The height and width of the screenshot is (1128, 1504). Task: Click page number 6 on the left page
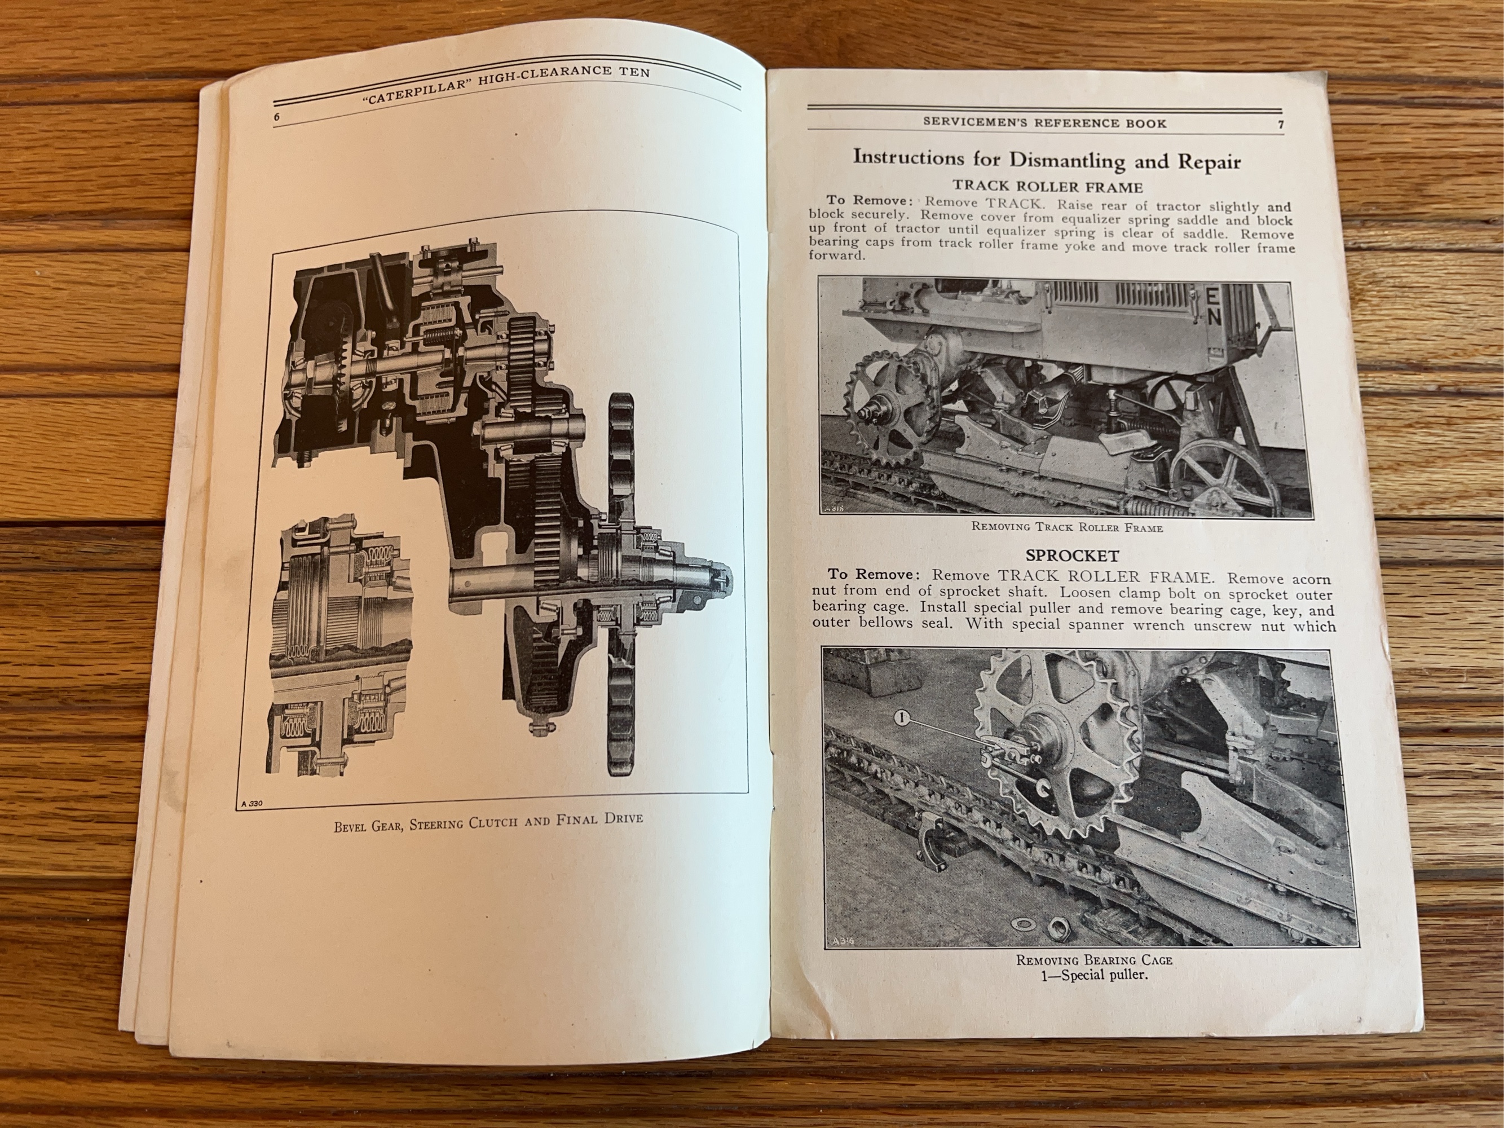[x=277, y=116]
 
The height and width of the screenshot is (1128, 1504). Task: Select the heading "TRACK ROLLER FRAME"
[x=1047, y=186]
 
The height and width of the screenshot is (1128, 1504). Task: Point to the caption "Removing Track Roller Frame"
[x=1067, y=527]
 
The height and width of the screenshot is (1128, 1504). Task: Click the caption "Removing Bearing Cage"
[x=1094, y=960]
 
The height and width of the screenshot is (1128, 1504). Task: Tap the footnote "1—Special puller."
[x=1094, y=975]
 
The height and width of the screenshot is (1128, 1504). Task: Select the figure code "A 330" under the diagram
[x=252, y=804]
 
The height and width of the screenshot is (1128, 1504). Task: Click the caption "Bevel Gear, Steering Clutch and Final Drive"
[x=488, y=821]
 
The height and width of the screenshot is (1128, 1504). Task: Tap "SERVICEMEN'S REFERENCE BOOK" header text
[x=1044, y=123]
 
